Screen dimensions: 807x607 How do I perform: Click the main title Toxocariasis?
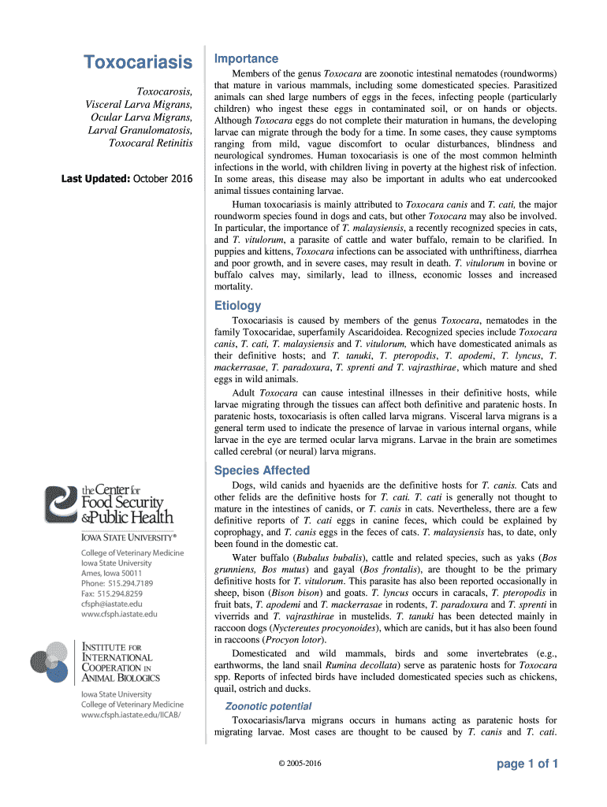click(x=138, y=61)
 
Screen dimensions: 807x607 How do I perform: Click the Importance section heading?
click(x=246, y=59)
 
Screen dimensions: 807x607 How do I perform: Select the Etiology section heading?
click(x=237, y=306)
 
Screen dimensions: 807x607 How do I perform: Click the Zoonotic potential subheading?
click(x=268, y=706)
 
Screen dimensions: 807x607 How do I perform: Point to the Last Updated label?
click(x=95, y=179)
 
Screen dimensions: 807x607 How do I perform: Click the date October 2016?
click(x=162, y=179)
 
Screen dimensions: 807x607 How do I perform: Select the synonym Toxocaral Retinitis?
click(x=150, y=143)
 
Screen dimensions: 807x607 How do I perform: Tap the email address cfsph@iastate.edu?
click(x=112, y=604)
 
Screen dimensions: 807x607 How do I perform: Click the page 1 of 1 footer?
click(x=527, y=764)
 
